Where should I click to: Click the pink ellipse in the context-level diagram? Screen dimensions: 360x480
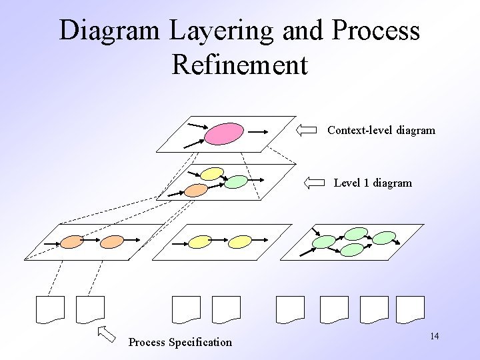224,133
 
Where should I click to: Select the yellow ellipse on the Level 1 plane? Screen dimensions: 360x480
212,174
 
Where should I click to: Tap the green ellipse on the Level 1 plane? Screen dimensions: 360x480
235,181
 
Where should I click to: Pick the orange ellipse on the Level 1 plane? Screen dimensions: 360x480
196,190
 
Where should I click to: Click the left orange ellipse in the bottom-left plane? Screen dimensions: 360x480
72,241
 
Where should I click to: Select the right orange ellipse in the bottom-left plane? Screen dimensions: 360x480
112,241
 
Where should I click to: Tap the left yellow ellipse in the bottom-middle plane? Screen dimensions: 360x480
200,241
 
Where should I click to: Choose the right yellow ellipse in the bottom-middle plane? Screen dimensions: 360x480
239,241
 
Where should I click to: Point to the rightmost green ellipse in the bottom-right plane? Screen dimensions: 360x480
384,237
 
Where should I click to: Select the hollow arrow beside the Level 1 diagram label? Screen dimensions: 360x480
313,183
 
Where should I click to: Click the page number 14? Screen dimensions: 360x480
434,336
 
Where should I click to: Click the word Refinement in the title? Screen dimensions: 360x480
239,65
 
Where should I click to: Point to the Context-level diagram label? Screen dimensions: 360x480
381,131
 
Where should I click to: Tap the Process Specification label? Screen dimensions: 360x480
180,343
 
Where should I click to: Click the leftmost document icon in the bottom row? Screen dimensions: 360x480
50,309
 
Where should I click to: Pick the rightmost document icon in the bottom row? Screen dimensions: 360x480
410,309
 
